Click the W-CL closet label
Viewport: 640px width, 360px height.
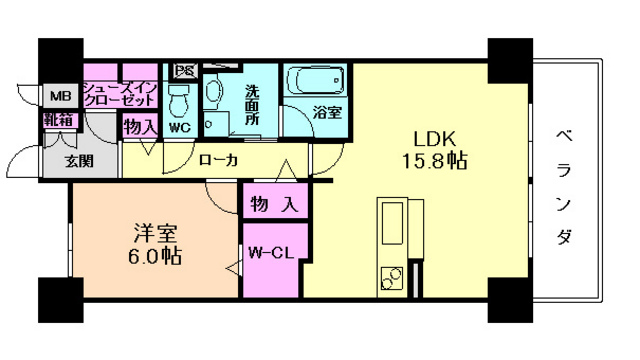(x=269, y=252)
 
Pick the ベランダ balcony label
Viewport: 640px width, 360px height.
(x=565, y=185)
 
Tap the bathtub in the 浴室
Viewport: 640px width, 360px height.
(x=314, y=80)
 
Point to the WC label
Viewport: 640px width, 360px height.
(x=180, y=129)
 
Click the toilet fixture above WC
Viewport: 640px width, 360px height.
(x=180, y=97)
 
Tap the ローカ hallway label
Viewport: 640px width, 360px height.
(x=218, y=160)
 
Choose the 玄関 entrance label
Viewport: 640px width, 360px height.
(x=81, y=160)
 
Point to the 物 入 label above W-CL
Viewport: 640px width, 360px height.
(x=272, y=205)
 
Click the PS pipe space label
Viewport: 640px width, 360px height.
(x=184, y=71)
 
